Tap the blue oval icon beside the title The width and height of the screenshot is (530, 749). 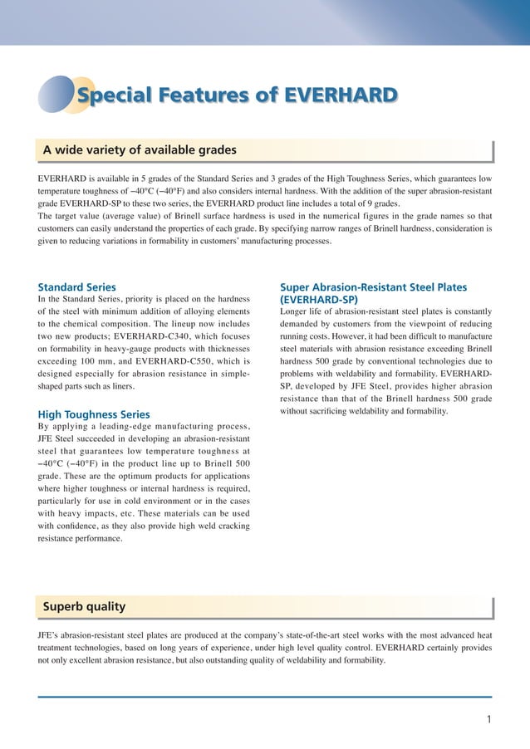56,94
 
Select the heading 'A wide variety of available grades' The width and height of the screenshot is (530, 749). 140,150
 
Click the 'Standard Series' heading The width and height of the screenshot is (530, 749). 77,287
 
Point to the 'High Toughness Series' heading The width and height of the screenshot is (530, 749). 94,414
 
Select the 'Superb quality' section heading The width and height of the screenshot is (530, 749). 84,606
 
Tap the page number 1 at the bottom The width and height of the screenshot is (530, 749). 489,719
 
